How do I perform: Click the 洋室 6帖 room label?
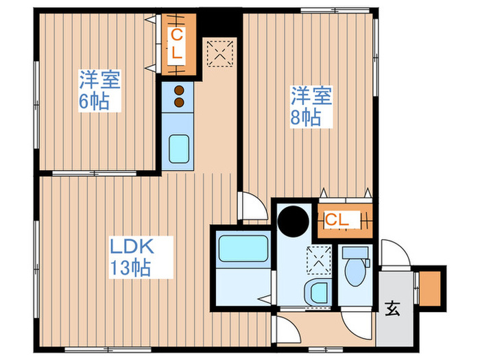[99, 91]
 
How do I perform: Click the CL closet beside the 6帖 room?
[177, 43]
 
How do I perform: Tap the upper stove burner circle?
[179, 89]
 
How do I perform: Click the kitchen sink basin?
[180, 148]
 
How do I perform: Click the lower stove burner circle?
[179, 102]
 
